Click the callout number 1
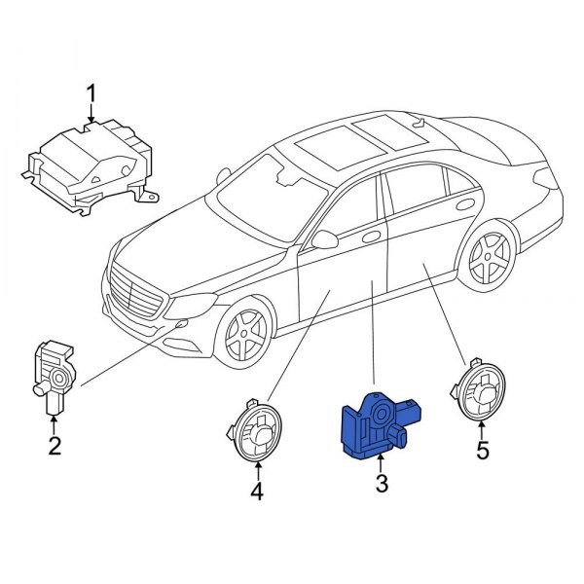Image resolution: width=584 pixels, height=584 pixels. pos(91,93)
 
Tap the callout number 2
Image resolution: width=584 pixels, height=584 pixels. pos(55,447)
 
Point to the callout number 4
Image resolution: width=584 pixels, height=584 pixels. pos(257,493)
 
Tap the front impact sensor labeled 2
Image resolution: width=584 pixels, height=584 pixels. pos(55,375)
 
